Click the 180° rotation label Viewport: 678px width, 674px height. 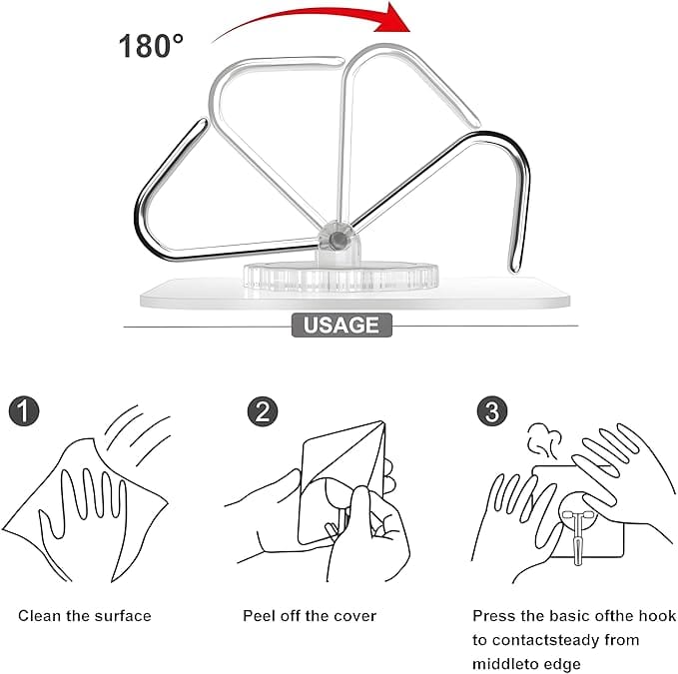tap(151, 46)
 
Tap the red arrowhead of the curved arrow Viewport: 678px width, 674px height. tap(391, 19)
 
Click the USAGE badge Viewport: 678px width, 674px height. tap(341, 326)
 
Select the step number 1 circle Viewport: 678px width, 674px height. tap(24, 410)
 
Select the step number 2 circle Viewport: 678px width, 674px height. tap(263, 411)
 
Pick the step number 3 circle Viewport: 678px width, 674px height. tap(492, 411)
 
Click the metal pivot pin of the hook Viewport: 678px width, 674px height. tap(338, 240)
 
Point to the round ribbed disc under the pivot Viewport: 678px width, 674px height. tap(340, 276)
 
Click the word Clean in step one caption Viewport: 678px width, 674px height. tap(39, 616)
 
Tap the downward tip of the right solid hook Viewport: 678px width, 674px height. tap(514, 269)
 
